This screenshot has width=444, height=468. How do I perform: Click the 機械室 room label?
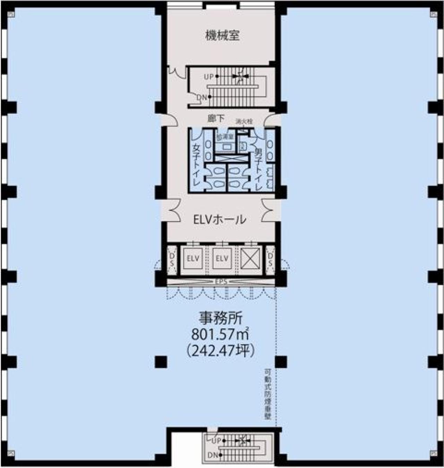point(222,36)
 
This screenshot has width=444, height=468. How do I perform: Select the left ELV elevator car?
point(193,258)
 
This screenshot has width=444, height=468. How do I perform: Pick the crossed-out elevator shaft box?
point(250,258)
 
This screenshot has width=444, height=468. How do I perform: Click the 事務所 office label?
point(220,318)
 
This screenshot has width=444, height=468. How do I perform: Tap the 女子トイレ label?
point(197,164)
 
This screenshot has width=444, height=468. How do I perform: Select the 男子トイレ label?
point(258,169)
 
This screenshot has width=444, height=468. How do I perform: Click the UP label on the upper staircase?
point(208,77)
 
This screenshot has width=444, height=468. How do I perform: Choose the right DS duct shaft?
point(270,259)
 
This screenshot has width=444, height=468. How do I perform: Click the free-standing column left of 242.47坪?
point(161,362)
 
